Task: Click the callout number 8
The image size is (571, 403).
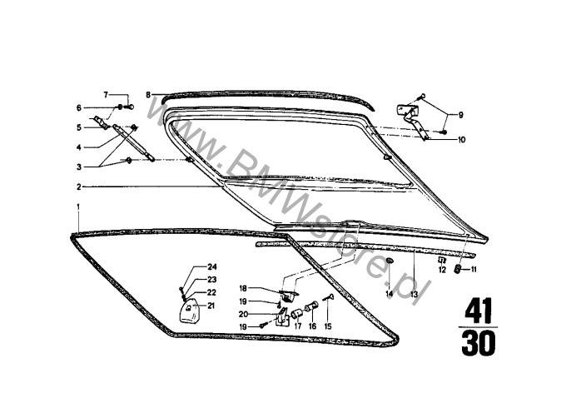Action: tap(148, 95)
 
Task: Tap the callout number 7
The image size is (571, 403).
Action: tap(106, 95)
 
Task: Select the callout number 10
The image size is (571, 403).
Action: tap(461, 140)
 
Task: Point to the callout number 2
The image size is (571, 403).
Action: tap(78, 187)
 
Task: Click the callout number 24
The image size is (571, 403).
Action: tap(212, 267)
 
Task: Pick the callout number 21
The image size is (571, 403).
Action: tap(211, 306)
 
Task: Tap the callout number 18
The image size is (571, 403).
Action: tap(243, 288)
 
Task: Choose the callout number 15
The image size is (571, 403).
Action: tap(328, 326)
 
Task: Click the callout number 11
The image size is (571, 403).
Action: tap(474, 270)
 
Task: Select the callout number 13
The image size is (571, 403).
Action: tap(414, 294)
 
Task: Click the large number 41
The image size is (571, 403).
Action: tap(478, 310)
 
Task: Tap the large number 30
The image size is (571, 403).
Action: tap(478, 343)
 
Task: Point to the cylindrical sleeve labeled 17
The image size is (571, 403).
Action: tap(297, 313)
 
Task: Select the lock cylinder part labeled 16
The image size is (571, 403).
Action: tap(311, 306)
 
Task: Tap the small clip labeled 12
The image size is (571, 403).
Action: tap(442, 260)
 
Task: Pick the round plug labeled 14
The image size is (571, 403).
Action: tap(390, 261)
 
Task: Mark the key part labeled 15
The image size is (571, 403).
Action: tap(329, 298)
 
